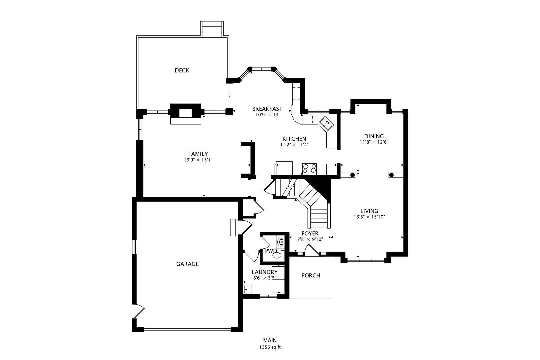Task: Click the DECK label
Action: tap(182, 70)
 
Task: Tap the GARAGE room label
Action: tap(187, 264)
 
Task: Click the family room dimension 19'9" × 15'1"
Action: tap(198, 160)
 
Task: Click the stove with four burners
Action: tap(309, 168)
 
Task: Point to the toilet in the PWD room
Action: tap(277, 256)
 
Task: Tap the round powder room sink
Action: tap(280, 241)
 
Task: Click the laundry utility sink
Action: tap(248, 289)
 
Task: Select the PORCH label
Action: tap(311, 275)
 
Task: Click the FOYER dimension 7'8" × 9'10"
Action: tap(310, 239)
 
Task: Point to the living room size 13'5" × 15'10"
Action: tap(369, 217)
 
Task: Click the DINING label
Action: tap(374, 136)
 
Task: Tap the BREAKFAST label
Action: tap(267, 109)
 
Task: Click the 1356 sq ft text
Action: tap(270, 347)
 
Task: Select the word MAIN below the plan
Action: tap(270, 340)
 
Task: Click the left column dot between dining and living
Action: tap(352, 174)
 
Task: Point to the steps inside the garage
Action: tap(235, 227)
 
